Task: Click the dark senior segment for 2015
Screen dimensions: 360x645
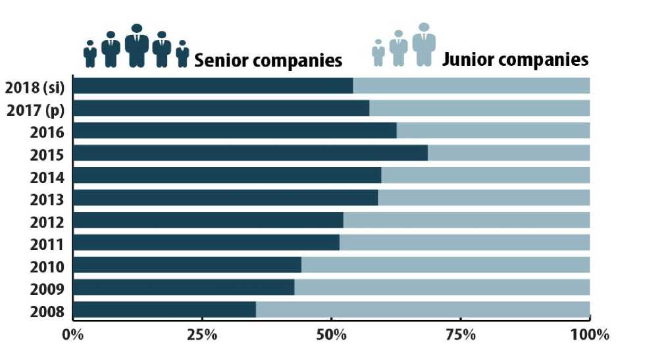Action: click(250, 153)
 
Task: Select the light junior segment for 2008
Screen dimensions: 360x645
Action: click(423, 310)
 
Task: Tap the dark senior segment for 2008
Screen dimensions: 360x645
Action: click(165, 310)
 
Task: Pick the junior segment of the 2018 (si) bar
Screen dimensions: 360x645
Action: click(471, 86)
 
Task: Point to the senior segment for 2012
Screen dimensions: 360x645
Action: click(208, 220)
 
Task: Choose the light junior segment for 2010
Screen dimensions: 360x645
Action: click(446, 265)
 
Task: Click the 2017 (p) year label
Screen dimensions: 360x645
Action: click(36, 109)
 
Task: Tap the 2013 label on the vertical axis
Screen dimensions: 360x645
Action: click(47, 199)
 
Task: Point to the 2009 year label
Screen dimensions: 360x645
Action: click(47, 288)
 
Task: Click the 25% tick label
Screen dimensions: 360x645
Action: click(201, 334)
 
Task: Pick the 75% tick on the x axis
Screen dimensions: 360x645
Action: click(461, 334)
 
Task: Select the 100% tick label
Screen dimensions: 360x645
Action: click(590, 334)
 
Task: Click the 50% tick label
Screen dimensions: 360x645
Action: click(331, 334)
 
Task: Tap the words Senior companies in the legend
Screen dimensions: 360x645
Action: click(267, 61)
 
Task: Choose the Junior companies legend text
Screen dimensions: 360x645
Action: click(515, 59)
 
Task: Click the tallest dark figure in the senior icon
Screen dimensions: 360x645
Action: click(137, 45)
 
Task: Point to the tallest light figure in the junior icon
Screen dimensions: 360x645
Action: click(424, 44)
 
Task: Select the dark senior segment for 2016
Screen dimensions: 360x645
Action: click(234, 131)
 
